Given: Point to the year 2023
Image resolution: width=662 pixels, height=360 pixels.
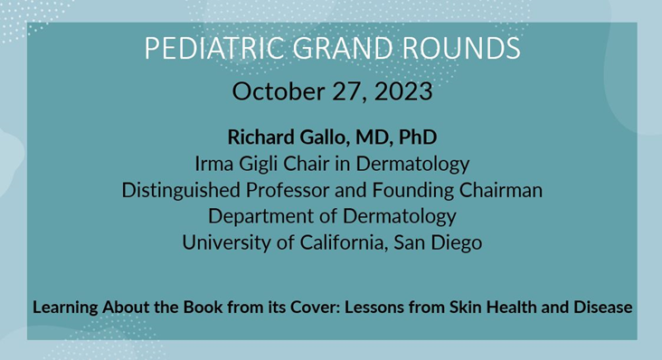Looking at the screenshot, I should (403, 91).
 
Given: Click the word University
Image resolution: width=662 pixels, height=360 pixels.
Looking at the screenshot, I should (222, 243).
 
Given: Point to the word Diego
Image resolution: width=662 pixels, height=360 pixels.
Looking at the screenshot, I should (453, 243).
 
